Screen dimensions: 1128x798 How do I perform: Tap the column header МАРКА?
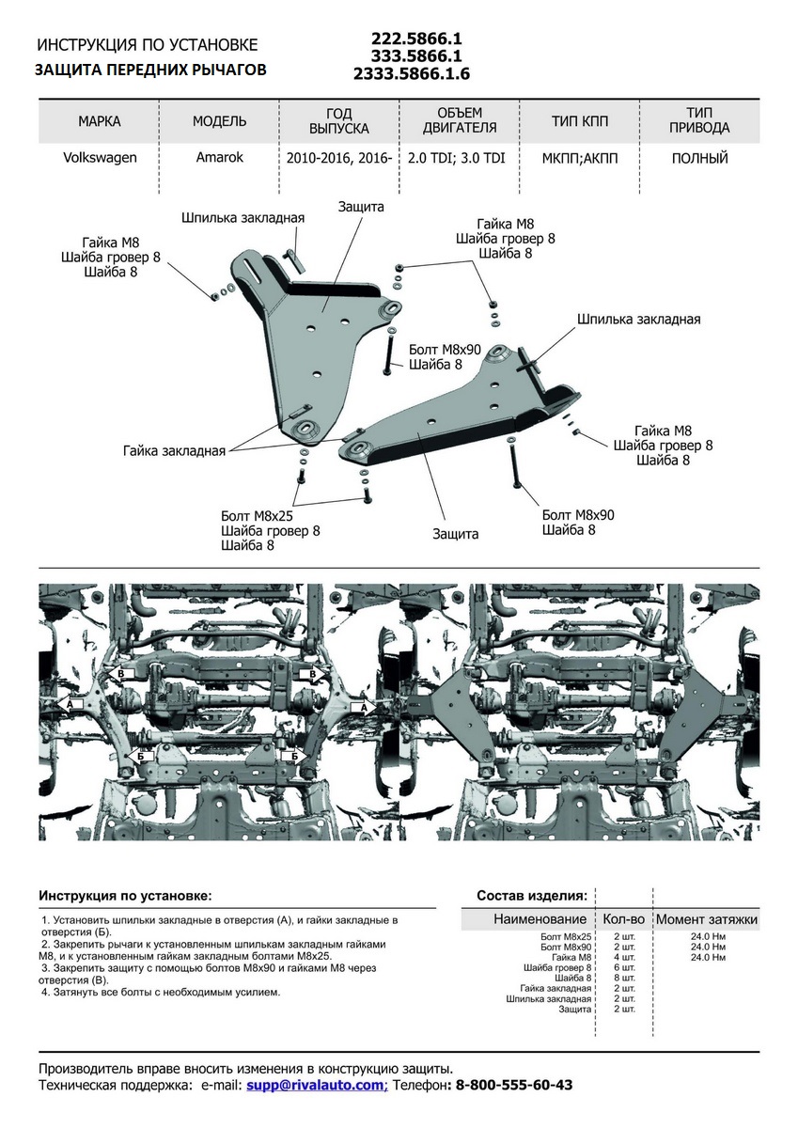pos(100,121)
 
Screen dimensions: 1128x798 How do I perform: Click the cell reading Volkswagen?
pos(100,158)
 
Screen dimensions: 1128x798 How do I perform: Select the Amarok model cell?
pos(219,158)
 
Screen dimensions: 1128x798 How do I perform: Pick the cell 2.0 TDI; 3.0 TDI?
pos(457,158)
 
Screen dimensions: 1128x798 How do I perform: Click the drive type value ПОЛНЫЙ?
pos(699,158)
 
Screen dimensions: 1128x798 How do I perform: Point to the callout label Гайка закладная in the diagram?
pos(174,451)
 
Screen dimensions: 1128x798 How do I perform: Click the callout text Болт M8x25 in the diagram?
pos(257,516)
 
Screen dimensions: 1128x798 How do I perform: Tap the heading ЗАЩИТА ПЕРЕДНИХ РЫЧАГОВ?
pos(151,70)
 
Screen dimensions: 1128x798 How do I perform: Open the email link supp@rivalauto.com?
pos(316,1085)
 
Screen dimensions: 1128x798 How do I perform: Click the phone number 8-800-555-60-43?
pos(513,1085)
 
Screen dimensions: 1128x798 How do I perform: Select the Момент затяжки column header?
pos(706,918)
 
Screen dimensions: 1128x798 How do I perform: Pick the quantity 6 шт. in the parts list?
pos(625,967)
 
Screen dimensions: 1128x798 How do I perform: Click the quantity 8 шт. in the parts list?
pos(625,978)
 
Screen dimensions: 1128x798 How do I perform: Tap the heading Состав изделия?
pos(532,895)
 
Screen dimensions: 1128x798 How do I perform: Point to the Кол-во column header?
pos(623,918)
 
